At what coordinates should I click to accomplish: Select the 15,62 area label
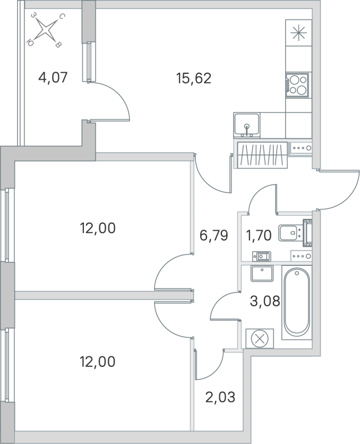[x=194, y=78]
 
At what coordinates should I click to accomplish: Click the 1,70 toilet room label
[x=258, y=236]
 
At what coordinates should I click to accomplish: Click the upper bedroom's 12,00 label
[x=98, y=228]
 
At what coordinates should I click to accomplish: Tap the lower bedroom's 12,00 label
[x=98, y=362]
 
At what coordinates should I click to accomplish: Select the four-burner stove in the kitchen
[x=297, y=84]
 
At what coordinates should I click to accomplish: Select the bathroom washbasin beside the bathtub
[x=261, y=274]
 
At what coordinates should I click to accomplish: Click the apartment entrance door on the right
[x=338, y=189]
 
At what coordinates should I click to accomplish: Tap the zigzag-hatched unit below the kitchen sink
[x=262, y=154]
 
